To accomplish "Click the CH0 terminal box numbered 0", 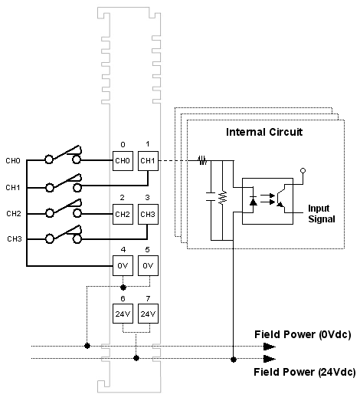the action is pyautogui.click(x=123, y=161).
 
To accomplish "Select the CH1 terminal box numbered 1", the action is pyautogui.click(x=148, y=161).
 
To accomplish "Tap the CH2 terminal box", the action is pyautogui.click(x=123, y=215).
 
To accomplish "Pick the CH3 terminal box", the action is pyautogui.click(x=148, y=215).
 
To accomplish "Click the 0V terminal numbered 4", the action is pyautogui.click(x=123, y=266).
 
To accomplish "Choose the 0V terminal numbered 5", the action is pyautogui.click(x=148, y=266).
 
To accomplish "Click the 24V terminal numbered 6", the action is pyautogui.click(x=123, y=314).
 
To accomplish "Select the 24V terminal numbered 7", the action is pyautogui.click(x=148, y=314).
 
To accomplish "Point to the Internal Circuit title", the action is pyautogui.click(x=264, y=132).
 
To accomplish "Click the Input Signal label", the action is pyautogui.click(x=321, y=214).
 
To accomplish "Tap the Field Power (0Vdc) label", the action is pyautogui.click(x=303, y=334).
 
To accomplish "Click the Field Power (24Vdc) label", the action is pyautogui.click(x=305, y=372).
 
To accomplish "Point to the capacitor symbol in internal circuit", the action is pyautogui.click(x=211, y=196).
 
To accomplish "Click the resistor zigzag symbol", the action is pyautogui.click(x=223, y=197).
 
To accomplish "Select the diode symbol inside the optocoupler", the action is pyautogui.click(x=254, y=201).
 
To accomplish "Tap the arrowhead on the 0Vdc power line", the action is pyautogui.click(x=270, y=347).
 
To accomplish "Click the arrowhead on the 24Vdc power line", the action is pyautogui.click(x=270, y=359).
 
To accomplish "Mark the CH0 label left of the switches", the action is pyautogui.click(x=13, y=160).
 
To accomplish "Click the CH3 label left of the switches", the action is pyautogui.click(x=15, y=239).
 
